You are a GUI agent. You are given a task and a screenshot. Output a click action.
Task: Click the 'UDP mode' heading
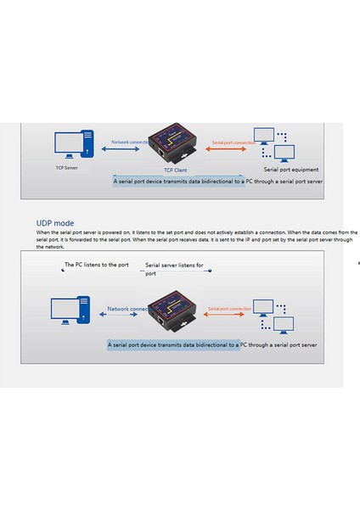pos(54,223)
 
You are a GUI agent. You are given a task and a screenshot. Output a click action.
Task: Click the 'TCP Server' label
pos(68,168)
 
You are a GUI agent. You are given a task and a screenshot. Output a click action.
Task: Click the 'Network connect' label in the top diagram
pos(130,141)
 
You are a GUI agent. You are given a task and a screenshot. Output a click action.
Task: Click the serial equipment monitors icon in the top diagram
pos(273,145)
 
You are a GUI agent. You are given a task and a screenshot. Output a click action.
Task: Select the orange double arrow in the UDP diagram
pos(226,319)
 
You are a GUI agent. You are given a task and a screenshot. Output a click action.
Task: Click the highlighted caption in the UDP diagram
pos(212,345)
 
